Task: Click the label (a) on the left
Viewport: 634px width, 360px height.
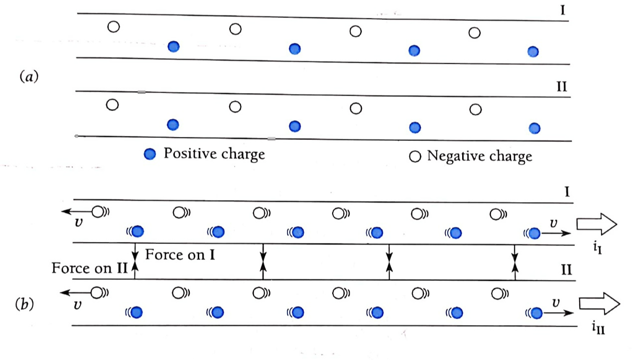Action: pos(28,77)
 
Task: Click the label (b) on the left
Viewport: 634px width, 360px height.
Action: pos(25,303)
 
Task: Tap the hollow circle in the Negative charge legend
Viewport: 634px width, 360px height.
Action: pos(414,156)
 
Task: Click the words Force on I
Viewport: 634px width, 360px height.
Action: pos(180,254)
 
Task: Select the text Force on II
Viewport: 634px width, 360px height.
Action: pos(90,268)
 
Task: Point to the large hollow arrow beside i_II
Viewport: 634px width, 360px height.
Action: pos(599,303)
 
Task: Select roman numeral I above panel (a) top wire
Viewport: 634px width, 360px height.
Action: pos(562,10)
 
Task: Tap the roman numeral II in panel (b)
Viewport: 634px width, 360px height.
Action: pos(566,270)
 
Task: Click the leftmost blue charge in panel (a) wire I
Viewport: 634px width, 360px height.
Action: pos(173,47)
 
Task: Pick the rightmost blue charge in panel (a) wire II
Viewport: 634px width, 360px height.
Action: pos(534,128)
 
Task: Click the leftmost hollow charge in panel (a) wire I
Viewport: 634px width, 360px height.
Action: pos(114,26)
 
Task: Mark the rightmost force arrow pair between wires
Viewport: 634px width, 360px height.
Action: pos(515,262)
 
